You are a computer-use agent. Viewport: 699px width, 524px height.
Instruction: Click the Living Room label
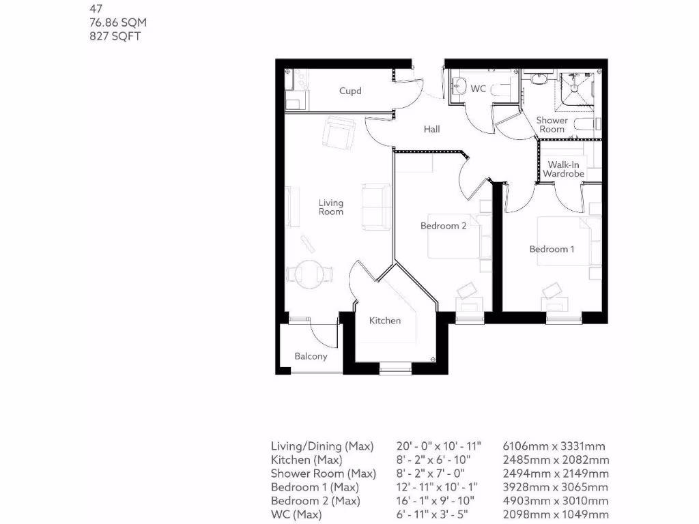tap(331, 207)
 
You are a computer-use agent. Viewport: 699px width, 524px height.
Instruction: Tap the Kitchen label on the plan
tap(385, 321)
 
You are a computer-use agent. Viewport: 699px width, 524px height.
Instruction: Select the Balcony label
tap(311, 356)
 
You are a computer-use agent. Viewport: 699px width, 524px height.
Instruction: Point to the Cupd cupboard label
tap(350, 91)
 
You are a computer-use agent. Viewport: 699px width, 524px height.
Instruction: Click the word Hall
tap(431, 129)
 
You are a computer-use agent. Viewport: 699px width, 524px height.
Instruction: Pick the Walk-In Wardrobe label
tap(563, 169)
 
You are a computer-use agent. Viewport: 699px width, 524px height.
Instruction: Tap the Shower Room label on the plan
tap(552, 125)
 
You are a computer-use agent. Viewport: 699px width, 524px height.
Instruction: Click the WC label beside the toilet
tap(479, 89)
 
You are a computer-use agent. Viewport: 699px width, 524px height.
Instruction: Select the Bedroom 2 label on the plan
tap(443, 226)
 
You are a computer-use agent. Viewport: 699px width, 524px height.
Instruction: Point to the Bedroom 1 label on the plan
tap(552, 249)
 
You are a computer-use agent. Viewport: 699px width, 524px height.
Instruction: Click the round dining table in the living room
tap(311, 273)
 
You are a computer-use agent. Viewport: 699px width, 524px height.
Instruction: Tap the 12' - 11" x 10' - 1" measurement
tap(437, 487)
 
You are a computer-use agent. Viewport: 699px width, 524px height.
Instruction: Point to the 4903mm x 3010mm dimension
tap(556, 501)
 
